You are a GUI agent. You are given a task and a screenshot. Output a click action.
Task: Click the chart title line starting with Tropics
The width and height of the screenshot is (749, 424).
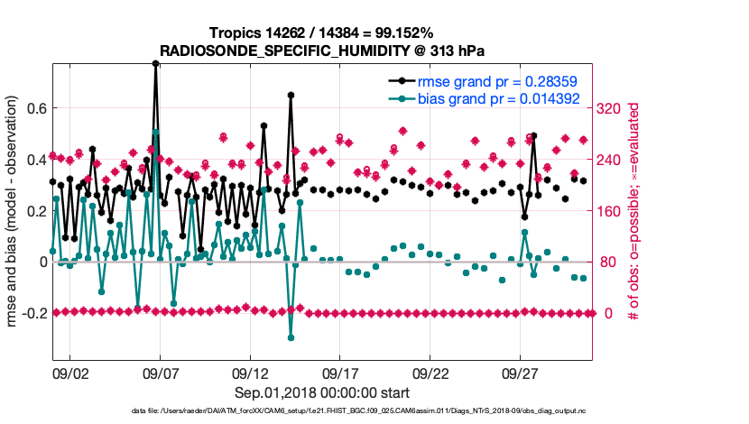pyautogui.click(x=321, y=33)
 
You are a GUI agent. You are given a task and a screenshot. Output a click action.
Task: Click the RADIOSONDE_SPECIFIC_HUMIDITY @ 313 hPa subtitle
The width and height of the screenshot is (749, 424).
pyautogui.click(x=321, y=51)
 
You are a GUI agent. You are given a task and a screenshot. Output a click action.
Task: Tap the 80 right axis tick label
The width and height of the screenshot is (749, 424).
pyautogui.click(x=607, y=263)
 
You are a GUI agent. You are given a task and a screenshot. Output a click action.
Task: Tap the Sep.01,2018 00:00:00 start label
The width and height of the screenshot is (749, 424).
pyautogui.click(x=321, y=392)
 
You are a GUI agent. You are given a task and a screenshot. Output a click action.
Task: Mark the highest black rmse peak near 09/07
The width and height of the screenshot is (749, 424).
pyautogui.click(x=156, y=64)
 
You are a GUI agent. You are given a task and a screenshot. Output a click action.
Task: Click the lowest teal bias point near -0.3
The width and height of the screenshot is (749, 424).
pyautogui.click(x=291, y=337)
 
